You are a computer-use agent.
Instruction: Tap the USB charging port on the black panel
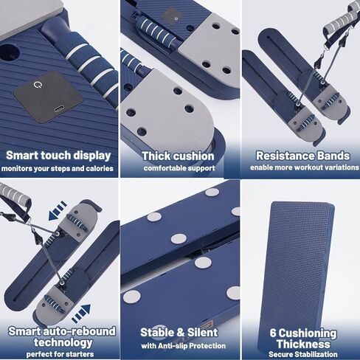[x=58, y=109]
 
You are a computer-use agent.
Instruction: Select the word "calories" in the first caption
[x=100, y=168]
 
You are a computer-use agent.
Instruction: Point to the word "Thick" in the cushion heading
[x=156, y=156]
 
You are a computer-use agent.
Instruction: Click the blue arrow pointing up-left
[x=58, y=211]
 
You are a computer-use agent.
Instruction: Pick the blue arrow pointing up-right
[x=81, y=314]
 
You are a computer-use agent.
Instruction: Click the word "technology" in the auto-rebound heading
[x=63, y=342]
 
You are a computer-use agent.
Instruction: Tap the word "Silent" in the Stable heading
[x=203, y=333]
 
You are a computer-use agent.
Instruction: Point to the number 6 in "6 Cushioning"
[x=273, y=333]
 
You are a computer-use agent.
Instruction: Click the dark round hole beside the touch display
[x=10, y=52]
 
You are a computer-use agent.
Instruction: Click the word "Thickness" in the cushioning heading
[x=303, y=344]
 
